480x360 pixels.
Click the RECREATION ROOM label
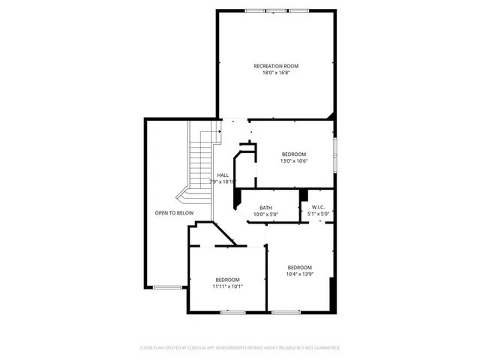(x=275, y=66)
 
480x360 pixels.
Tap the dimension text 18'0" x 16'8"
(x=275, y=73)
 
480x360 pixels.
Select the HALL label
(x=223, y=175)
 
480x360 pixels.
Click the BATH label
(x=265, y=208)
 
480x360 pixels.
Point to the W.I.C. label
(x=317, y=208)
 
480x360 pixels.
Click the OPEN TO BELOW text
(x=174, y=213)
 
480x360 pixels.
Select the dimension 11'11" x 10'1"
(x=227, y=286)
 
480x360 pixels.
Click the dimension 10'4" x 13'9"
(x=299, y=274)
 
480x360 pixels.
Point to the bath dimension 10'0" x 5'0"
(x=265, y=214)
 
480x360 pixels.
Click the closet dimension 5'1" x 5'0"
(x=317, y=214)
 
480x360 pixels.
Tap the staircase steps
(x=199, y=161)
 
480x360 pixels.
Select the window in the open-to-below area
(x=167, y=286)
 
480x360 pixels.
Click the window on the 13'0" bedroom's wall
(x=334, y=152)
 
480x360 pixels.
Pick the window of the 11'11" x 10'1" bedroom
(x=234, y=311)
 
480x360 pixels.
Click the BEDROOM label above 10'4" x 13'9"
(x=299, y=268)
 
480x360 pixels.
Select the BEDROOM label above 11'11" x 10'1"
(x=227, y=280)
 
